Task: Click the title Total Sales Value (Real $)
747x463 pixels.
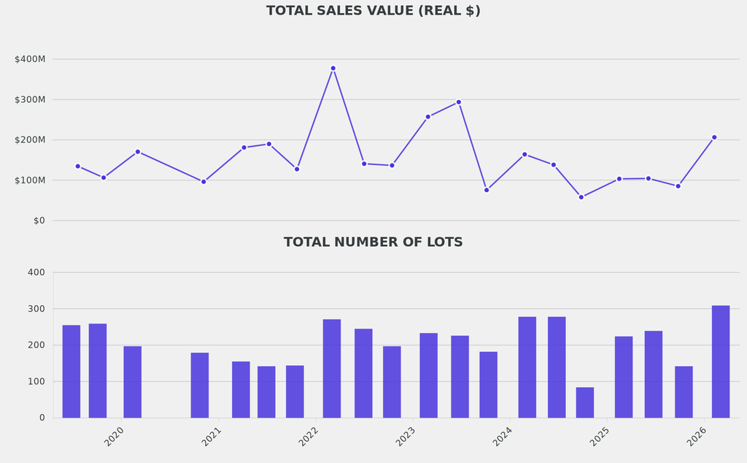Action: coord(373,11)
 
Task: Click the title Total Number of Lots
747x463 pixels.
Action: coord(373,242)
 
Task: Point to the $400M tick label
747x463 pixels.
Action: coord(30,59)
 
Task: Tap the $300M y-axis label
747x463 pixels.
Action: coord(30,99)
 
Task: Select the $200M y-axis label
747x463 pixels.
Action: coord(30,139)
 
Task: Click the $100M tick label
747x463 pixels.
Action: coord(30,180)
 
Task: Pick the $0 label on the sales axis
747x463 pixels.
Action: coord(39,221)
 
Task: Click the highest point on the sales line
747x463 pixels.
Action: coord(333,69)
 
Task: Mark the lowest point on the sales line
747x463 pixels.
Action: coord(581,197)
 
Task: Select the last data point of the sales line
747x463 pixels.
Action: coord(714,137)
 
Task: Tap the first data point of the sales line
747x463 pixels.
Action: coord(78,167)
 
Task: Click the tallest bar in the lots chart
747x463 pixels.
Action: coord(721,361)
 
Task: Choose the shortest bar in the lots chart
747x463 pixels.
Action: coord(585,402)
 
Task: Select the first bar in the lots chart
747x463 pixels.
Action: coord(71,371)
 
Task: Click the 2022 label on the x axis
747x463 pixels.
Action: coord(309,437)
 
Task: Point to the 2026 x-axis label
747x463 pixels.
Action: coord(697,437)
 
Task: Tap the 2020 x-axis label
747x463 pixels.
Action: coord(114,437)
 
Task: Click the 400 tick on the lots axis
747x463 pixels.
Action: coord(36,272)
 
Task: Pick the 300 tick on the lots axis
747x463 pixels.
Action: coord(36,309)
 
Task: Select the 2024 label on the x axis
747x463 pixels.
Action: coord(503,437)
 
